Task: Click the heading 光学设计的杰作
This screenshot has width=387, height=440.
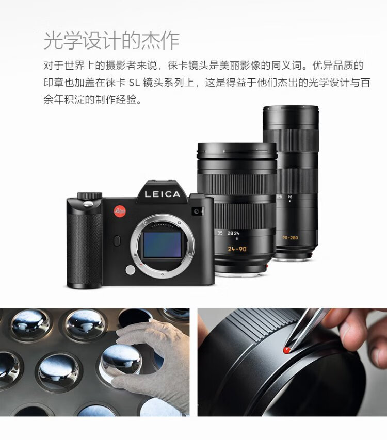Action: pyautogui.click(x=111, y=41)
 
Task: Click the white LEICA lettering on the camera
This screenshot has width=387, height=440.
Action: pyautogui.click(x=162, y=194)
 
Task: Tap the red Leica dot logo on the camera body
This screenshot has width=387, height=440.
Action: pyautogui.click(x=120, y=211)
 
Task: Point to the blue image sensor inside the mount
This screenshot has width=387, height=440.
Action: pyautogui.click(x=163, y=245)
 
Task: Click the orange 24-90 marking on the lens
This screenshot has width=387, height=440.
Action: pyautogui.click(x=237, y=249)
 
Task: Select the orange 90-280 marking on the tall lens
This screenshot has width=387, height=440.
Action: pyautogui.click(x=290, y=238)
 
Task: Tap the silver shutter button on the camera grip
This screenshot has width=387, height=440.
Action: pyautogui.click(x=89, y=204)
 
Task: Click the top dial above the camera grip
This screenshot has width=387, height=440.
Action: pyautogui.click(x=89, y=195)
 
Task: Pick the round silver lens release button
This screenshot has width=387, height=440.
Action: pyautogui.click(x=131, y=270)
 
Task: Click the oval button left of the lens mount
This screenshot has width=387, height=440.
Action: pyautogui.click(x=117, y=241)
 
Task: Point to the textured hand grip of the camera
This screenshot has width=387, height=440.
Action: pyautogui.click(x=84, y=247)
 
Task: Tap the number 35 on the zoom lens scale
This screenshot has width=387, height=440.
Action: pyautogui.click(x=220, y=233)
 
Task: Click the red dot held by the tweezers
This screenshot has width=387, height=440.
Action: pyautogui.click(x=286, y=350)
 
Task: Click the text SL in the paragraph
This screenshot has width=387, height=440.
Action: pyautogui.click(x=134, y=83)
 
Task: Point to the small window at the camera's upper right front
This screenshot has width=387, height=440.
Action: pyautogui.click(x=198, y=211)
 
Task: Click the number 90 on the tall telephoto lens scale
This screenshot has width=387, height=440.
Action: pyautogui.click(x=289, y=197)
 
